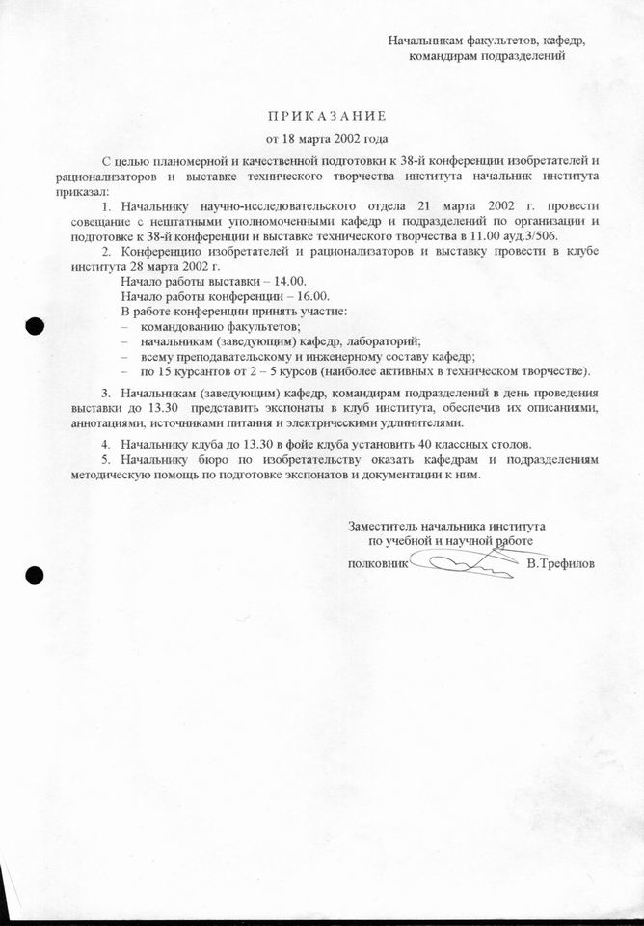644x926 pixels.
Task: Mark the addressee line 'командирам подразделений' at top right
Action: coord(486,55)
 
